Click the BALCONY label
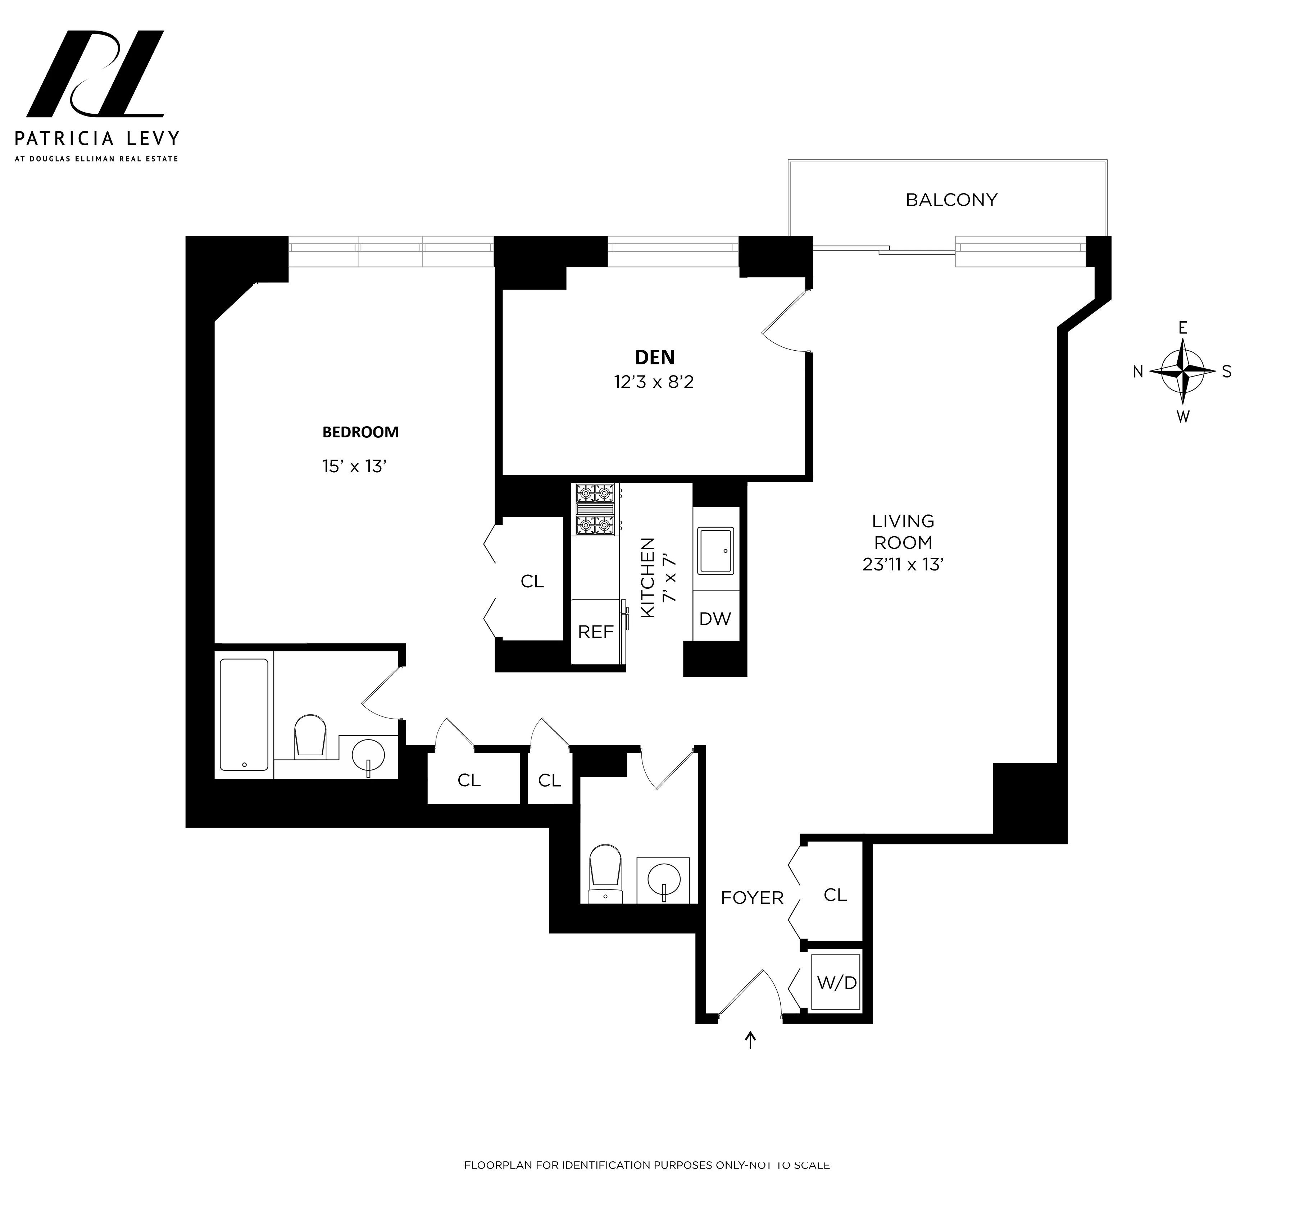[951, 200]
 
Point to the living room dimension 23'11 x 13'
[903, 565]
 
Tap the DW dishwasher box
[715, 619]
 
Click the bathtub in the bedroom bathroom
[244, 715]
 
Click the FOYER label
[752, 898]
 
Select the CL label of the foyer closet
[835, 895]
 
